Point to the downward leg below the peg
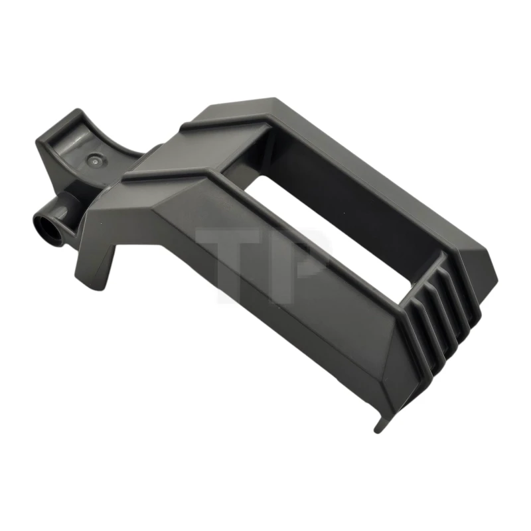pyautogui.click(x=100, y=265)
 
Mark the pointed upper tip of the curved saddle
pyautogui.click(x=78, y=113)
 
